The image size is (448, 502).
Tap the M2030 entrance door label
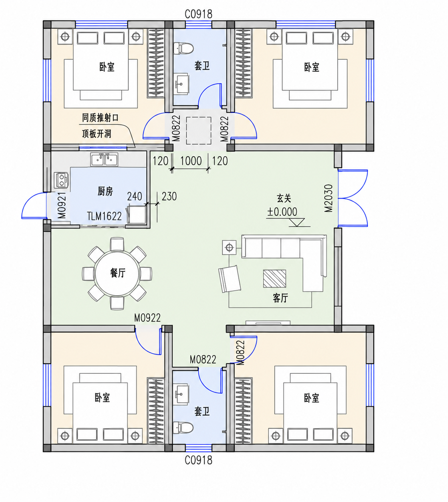[329, 198]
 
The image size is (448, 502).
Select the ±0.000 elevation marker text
[282, 212]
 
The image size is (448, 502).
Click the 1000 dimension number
[191, 161]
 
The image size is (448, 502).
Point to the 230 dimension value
[169, 196]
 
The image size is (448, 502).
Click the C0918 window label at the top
[198, 14]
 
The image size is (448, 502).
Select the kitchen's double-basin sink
[104, 159]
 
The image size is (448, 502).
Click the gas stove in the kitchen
[61, 180]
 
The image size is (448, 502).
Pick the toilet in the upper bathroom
[183, 48]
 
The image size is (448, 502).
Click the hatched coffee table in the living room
[274, 278]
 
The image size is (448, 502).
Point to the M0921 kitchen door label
[62, 205]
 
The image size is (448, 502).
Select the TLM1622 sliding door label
[104, 216]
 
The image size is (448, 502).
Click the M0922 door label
[147, 318]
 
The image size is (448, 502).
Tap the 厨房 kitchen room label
[105, 191]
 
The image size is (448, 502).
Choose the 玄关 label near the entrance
[284, 198]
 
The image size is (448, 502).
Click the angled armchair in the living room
[229, 279]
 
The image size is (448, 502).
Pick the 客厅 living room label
[281, 298]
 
